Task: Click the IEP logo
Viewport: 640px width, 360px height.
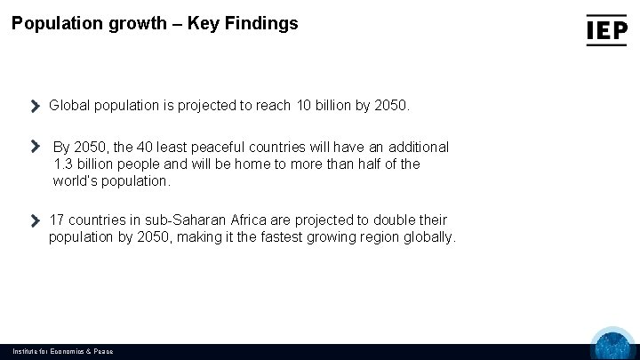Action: coord(607,29)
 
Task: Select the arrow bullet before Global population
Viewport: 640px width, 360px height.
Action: coord(36,106)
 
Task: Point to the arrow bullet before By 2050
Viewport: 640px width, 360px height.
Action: coord(36,146)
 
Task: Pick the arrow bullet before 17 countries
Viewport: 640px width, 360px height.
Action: coord(36,220)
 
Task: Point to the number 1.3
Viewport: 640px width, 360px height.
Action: coord(63,164)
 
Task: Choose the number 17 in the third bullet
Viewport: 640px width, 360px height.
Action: coord(57,220)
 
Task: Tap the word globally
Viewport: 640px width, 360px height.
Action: coord(428,237)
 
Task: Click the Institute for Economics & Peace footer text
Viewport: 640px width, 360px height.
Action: coord(62,351)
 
